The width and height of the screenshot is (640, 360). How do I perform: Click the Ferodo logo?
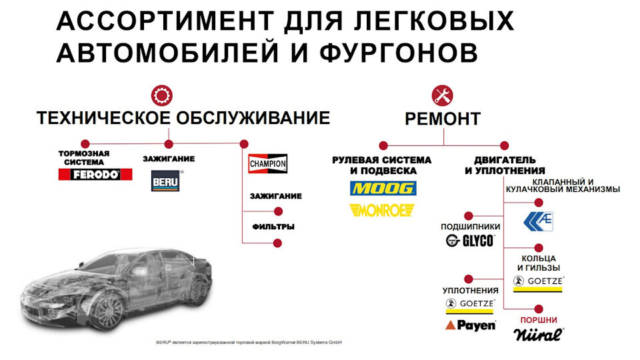click(95, 175)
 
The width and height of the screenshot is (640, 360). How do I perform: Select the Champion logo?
click(267, 163)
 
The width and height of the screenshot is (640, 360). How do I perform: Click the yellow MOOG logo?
click(383, 189)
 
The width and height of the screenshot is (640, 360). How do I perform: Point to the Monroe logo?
click(382, 211)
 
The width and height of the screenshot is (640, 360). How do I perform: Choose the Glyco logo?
click(471, 241)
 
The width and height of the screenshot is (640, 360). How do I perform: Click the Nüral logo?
click(539, 334)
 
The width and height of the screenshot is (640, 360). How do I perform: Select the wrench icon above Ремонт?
click(442, 95)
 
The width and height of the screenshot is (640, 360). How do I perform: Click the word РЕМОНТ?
click(443, 119)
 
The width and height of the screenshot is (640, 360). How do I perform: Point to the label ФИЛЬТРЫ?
click(273, 227)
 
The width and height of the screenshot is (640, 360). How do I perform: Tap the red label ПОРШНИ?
click(539, 320)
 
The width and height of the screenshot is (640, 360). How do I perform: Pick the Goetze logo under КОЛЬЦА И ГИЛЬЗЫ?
click(539, 281)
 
